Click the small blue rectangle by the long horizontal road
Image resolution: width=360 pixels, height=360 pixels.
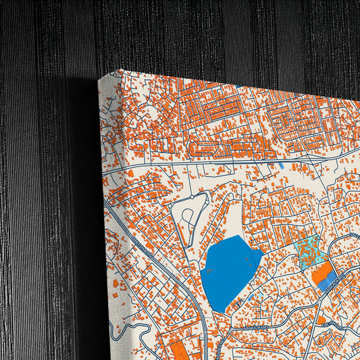coord(281,165)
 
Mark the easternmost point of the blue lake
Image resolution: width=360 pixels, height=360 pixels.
coord(263,253)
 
